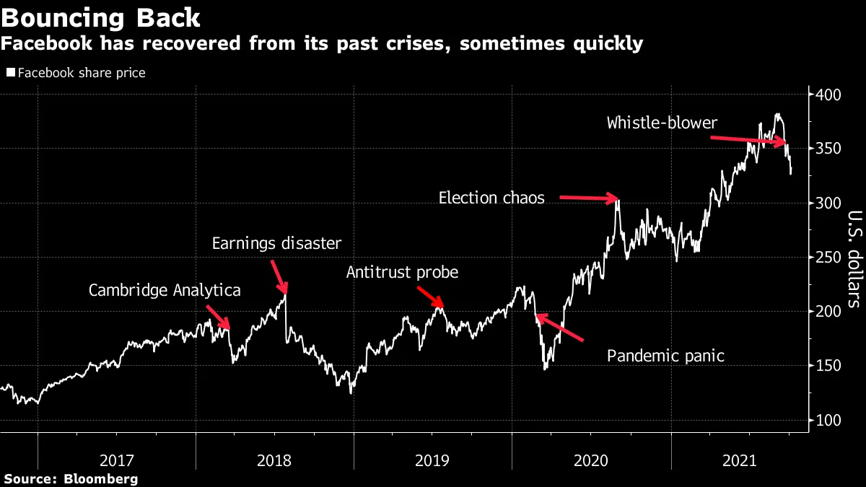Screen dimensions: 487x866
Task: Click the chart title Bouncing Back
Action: tap(100, 16)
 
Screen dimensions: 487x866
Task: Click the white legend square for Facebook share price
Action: tap(10, 73)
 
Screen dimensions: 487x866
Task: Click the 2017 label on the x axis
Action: tap(116, 460)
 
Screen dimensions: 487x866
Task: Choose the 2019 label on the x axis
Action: tap(432, 460)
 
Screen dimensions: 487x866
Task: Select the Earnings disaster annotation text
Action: tap(276, 243)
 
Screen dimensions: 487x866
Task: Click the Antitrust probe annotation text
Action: tap(402, 273)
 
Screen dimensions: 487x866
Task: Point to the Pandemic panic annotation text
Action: tap(665, 356)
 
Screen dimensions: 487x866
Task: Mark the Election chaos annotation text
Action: tap(491, 198)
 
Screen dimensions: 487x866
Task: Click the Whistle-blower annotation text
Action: tap(662, 123)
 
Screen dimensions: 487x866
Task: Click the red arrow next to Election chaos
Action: tap(587, 197)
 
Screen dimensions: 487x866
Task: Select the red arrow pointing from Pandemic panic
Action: tap(559, 327)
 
